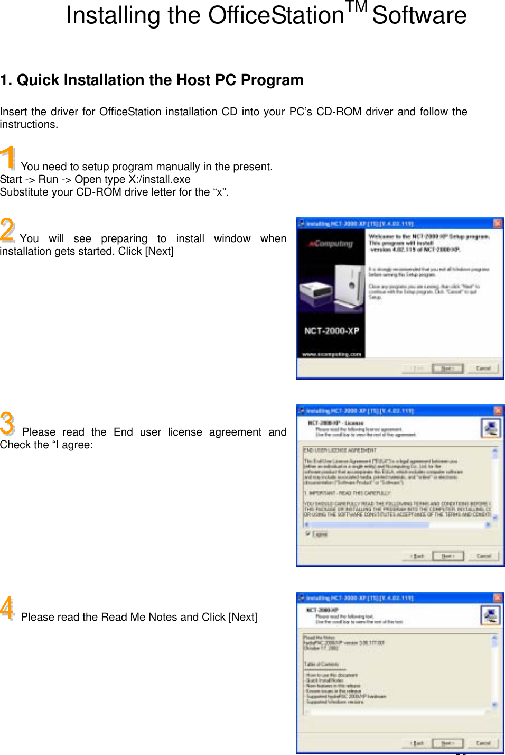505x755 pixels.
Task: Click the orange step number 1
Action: click(8, 158)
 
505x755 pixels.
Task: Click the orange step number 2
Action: click(7, 229)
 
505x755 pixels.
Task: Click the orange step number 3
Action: click(7, 423)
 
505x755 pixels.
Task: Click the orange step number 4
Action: click(7, 607)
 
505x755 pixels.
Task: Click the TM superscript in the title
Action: click(357, 7)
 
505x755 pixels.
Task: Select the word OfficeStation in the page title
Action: click(276, 16)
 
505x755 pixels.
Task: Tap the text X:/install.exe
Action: click(160, 180)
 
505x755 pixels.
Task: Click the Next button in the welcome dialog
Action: click(447, 368)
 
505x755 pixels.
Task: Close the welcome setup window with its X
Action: click(498, 224)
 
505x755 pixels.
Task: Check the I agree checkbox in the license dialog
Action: click(307, 533)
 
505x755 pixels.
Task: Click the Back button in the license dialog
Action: click(417, 556)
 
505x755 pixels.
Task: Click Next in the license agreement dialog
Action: click(447, 556)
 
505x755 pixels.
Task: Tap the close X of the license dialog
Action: click(498, 411)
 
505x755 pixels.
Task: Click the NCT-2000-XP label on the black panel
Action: click(332, 331)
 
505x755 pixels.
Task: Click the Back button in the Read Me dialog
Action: click(417, 743)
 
